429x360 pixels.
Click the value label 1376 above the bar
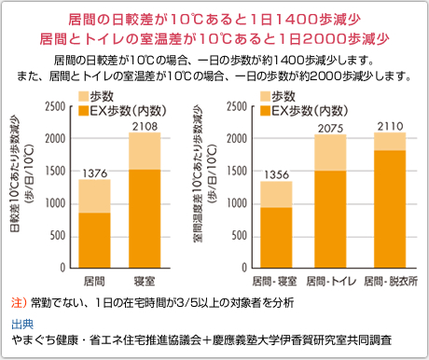(93, 172)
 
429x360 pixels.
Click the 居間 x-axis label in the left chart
(93, 280)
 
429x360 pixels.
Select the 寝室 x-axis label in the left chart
(144, 280)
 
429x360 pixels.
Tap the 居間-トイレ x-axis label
(330, 280)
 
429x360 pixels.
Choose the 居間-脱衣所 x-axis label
(389, 280)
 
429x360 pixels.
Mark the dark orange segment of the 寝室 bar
(144, 219)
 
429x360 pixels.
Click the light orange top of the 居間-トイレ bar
(330, 153)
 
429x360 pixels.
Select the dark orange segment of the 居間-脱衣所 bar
(389, 210)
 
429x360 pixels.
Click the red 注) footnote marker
(18, 303)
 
